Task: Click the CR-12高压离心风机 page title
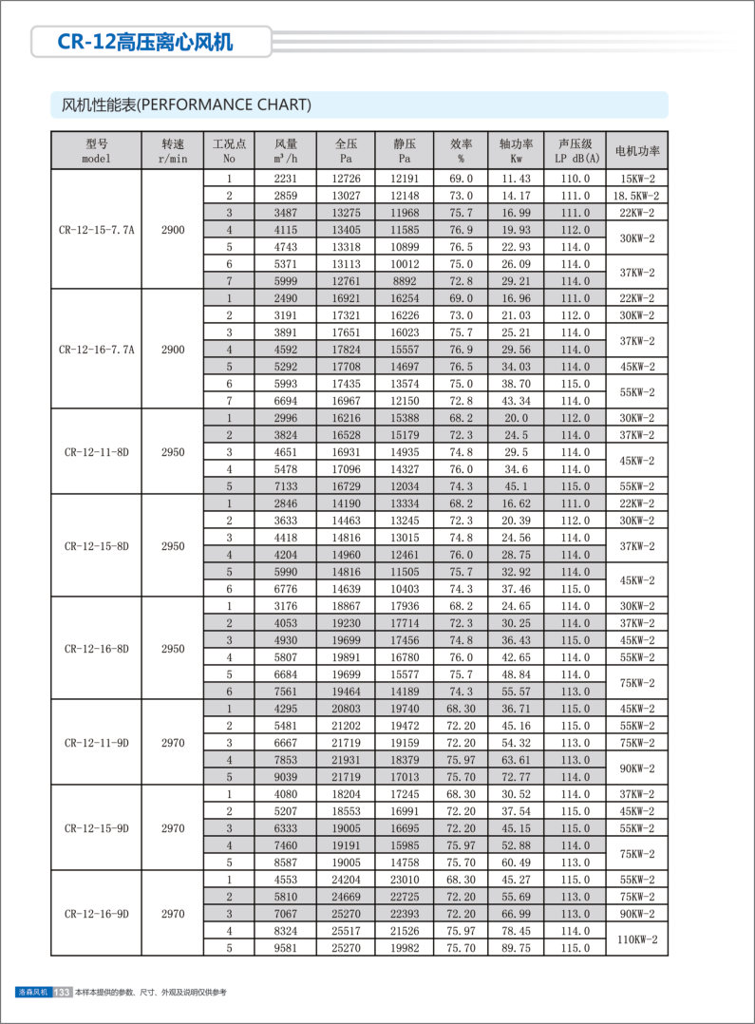point(145,43)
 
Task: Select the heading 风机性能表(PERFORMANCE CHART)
point(179,104)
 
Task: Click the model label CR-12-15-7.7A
point(97,230)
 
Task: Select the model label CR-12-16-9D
point(97,914)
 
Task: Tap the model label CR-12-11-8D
point(97,452)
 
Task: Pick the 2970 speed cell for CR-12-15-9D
point(173,828)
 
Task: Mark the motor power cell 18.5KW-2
point(637,196)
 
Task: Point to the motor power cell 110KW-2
point(637,939)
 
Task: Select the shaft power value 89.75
point(517,948)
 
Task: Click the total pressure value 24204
point(346,880)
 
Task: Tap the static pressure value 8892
point(405,281)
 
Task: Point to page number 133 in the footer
point(63,992)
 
